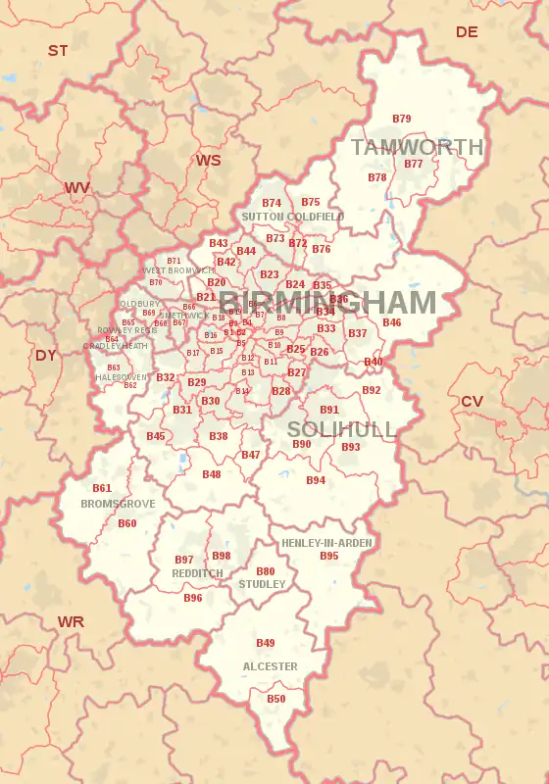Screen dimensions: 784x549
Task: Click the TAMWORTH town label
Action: tap(417, 148)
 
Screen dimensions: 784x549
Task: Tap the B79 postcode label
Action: tap(402, 119)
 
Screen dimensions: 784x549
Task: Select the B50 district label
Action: tap(276, 699)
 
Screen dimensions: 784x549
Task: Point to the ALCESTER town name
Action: tap(270, 666)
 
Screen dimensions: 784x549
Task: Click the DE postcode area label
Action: tap(467, 32)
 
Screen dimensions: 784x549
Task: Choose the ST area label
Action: tap(58, 50)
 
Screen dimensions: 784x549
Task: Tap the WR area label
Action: tap(71, 621)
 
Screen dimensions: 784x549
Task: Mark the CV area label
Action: tap(472, 401)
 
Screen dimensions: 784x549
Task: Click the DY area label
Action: tap(46, 355)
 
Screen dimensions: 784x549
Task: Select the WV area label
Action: tap(77, 187)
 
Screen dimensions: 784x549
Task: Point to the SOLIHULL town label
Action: tap(342, 430)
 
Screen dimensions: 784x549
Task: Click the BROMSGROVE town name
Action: tap(118, 504)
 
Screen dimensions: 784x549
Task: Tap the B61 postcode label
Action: tap(102, 488)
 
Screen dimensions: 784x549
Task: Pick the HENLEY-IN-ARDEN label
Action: tap(326, 543)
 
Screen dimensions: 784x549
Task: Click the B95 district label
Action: tap(329, 556)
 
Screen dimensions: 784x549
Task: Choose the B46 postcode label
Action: tap(392, 322)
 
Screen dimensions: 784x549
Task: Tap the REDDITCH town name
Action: tap(197, 573)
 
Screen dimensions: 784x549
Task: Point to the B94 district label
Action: tap(316, 480)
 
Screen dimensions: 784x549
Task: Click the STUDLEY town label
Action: tap(263, 584)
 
